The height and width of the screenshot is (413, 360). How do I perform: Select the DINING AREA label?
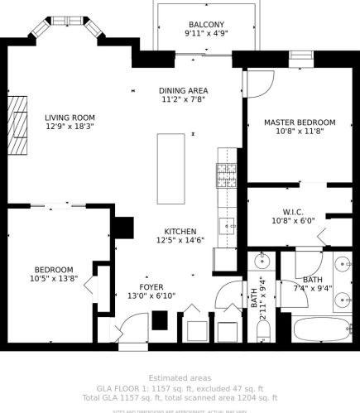click(x=183, y=90)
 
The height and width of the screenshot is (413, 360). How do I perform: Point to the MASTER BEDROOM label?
click(x=300, y=122)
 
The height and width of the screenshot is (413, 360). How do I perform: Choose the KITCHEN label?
click(x=180, y=231)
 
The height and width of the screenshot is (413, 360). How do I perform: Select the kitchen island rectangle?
click(x=173, y=169)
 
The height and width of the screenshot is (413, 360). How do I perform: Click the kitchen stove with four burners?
click(x=226, y=175)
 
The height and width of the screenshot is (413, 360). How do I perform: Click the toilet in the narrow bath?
click(x=263, y=331)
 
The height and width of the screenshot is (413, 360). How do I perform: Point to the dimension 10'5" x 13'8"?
click(x=54, y=280)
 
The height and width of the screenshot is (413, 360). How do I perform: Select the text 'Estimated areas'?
click(x=180, y=378)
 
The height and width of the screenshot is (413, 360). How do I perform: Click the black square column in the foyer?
click(x=161, y=319)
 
